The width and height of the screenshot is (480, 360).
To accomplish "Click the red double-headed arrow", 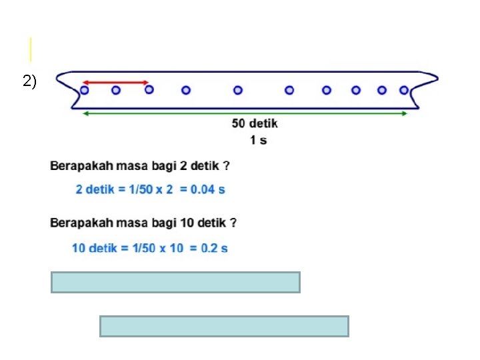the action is click(x=117, y=83).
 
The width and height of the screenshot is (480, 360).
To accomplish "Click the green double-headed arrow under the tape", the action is click(x=244, y=113).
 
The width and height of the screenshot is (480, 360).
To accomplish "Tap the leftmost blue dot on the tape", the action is click(x=85, y=89).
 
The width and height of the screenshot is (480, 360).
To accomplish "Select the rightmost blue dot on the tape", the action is click(x=403, y=89).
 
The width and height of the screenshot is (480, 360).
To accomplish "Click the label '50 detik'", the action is click(x=255, y=123).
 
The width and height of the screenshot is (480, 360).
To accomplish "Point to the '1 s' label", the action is click(x=258, y=140).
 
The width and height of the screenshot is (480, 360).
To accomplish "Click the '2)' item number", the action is click(x=29, y=82).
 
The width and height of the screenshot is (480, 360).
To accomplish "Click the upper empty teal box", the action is click(x=175, y=282).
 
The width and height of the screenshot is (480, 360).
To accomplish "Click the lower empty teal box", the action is click(x=224, y=326).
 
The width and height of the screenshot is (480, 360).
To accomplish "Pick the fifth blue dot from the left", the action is click(x=238, y=89).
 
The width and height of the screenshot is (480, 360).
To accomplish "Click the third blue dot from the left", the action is click(x=149, y=89).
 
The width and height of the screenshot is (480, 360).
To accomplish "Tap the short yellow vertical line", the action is click(x=30, y=50).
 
